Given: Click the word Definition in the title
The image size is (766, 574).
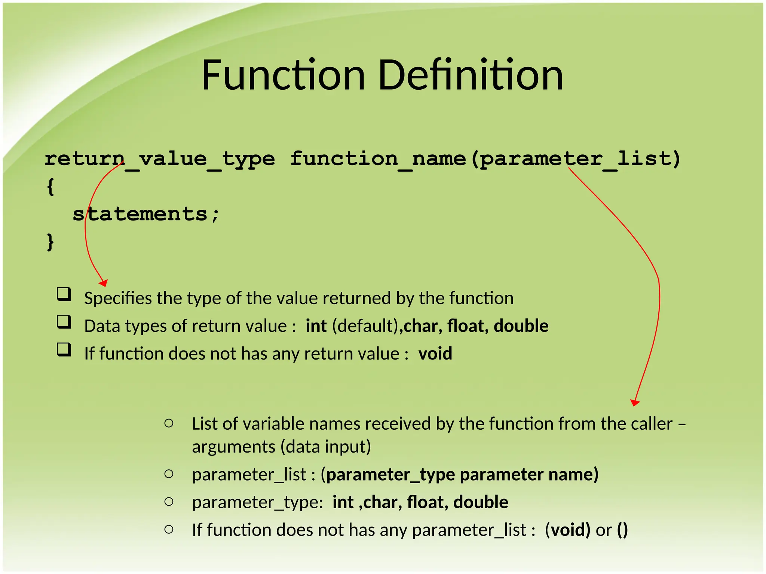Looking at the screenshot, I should [x=471, y=75].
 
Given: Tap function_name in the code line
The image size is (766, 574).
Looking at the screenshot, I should [x=378, y=159].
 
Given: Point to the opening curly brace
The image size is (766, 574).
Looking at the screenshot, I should [x=50, y=186].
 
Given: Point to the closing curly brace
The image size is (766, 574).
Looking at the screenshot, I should [x=50, y=242].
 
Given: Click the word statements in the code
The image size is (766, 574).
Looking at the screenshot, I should [x=140, y=214].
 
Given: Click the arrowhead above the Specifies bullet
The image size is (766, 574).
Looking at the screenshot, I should [x=104, y=283].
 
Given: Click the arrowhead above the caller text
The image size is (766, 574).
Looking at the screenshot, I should [x=635, y=402].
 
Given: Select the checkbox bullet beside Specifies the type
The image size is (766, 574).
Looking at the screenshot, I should [x=64, y=294].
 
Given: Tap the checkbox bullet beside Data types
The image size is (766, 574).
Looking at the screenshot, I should [x=64, y=322].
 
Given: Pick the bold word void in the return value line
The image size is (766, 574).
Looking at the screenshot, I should [x=435, y=354].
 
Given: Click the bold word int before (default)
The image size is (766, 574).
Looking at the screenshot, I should [x=316, y=326].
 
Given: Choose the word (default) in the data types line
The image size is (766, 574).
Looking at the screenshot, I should [x=367, y=326].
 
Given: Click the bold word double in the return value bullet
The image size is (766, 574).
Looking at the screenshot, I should [x=521, y=326].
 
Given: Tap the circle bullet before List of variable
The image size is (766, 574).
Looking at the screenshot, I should [x=169, y=423].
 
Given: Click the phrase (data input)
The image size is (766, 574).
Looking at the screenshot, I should [x=325, y=447].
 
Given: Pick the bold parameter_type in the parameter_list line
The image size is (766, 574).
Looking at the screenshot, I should [x=390, y=475].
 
